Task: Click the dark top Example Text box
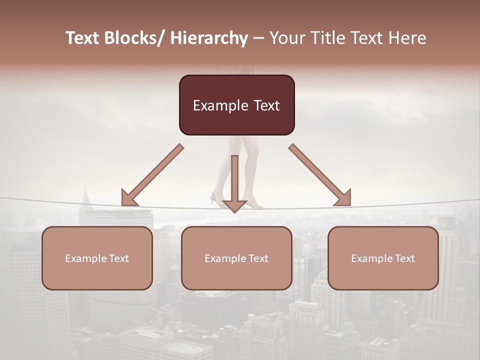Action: (x=236, y=105)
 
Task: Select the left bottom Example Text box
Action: (x=97, y=258)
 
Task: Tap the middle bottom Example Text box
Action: (x=236, y=258)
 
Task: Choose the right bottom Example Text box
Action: (x=383, y=258)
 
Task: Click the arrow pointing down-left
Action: (x=152, y=175)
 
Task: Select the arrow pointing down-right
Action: (x=320, y=175)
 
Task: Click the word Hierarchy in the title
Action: (x=208, y=38)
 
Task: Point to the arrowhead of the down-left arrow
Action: (x=128, y=198)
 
